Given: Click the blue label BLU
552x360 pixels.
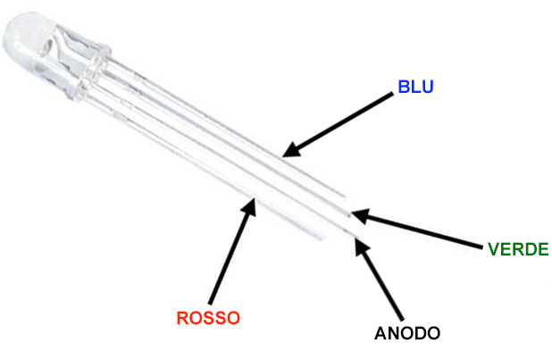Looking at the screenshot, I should tap(415, 88).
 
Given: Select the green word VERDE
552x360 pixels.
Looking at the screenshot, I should tap(518, 248).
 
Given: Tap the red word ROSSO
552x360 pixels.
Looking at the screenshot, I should tap(208, 317).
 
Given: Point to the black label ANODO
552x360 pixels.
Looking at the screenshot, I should tap(407, 334).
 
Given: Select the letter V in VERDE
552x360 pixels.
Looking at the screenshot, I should tap(494, 248).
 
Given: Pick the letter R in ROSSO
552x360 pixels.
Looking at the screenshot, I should tap(182, 317).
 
